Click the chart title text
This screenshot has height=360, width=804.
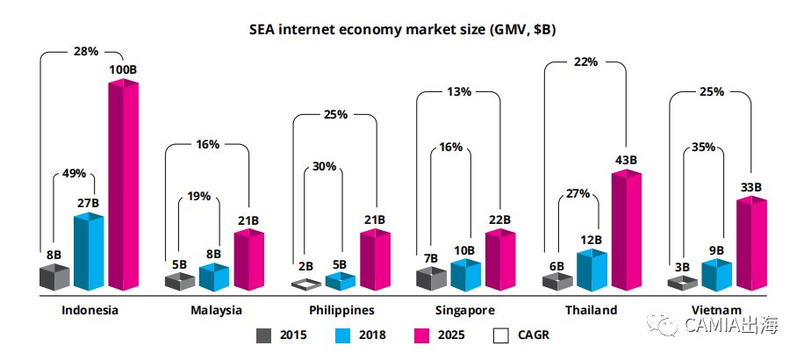401,30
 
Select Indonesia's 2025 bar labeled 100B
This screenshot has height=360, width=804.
123,184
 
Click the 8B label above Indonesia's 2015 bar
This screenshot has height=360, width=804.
54,255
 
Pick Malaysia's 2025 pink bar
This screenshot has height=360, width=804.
248,261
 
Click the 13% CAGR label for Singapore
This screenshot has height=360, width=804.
458,91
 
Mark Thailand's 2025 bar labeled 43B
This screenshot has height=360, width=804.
627,230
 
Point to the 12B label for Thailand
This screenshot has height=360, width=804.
591,239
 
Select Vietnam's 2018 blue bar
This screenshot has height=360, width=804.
716,276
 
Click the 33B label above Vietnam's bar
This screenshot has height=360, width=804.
750,187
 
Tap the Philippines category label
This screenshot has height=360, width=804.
341,310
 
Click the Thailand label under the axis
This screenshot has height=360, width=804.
592,310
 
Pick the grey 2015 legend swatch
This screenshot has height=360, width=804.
263,335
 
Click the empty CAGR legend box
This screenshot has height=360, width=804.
501,335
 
